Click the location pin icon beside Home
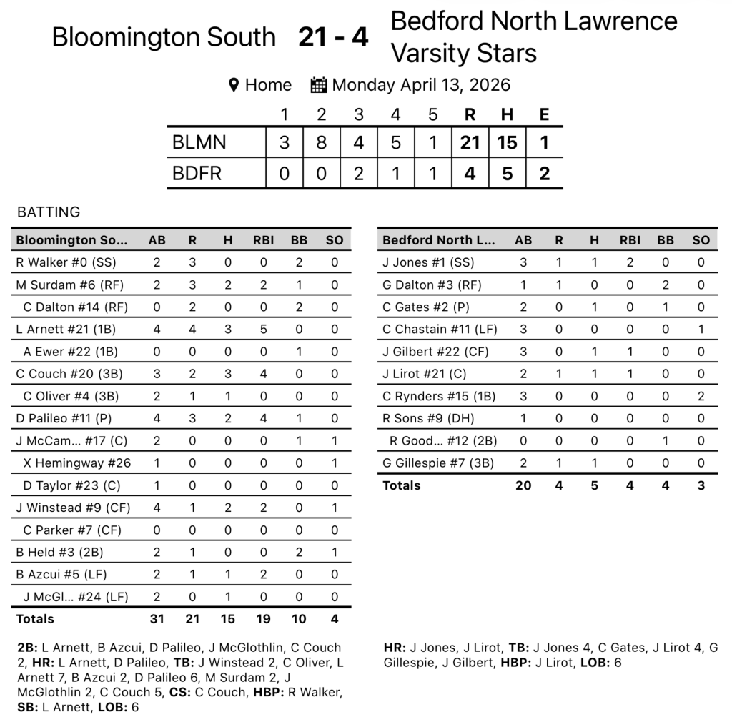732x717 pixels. pos(233,85)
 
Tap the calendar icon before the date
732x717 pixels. pos(319,85)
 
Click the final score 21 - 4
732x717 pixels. pos(333,37)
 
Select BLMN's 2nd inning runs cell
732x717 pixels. pos(322,142)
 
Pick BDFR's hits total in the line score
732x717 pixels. pos(507,174)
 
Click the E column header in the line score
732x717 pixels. pos(544,114)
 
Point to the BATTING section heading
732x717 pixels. pos(49,212)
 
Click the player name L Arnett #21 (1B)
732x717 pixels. pos(66,329)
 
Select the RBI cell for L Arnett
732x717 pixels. pos(264,329)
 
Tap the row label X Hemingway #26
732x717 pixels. pos(77,463)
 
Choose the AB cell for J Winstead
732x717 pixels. pos(157,508)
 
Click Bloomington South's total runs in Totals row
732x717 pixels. pos(192,619)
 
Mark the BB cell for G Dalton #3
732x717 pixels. pos(666,285)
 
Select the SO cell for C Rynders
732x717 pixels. pos(701,396)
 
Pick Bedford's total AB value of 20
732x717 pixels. pos(523,485)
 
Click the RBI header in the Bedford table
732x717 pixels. pos(630,240)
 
